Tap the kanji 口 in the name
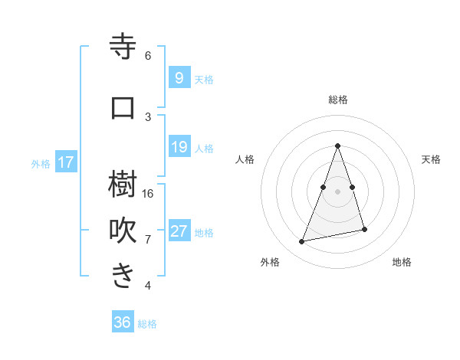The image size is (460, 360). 123,107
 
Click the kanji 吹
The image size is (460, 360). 123,229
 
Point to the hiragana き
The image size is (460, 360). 123,276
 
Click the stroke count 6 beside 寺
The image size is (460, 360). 148,56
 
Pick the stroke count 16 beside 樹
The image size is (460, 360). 149,193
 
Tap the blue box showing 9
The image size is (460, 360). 179,77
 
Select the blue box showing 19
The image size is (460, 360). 179,147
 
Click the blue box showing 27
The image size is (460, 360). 179,231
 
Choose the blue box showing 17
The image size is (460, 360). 66,162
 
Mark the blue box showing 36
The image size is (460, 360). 122,322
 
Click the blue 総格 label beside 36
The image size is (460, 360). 147,324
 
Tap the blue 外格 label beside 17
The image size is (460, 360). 41,163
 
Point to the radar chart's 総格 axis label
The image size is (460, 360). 338,100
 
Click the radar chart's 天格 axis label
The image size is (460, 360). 431,159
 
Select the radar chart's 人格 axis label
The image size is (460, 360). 245,159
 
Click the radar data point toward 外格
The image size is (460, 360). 302,242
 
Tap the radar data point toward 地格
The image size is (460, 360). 365,230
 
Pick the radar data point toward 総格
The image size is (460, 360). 338,146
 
